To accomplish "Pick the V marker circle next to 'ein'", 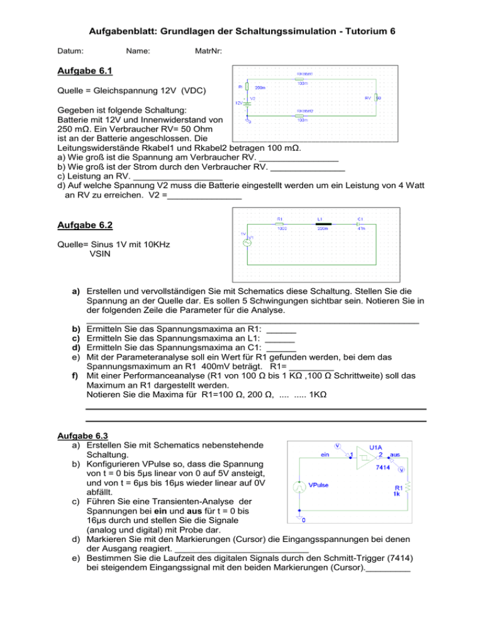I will tap(338, 446).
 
